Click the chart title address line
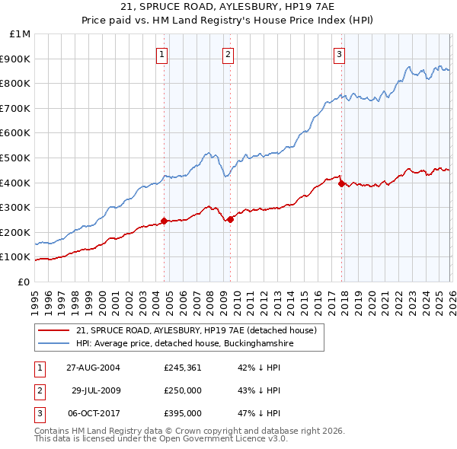tap(228, 8)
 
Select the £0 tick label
tap(24, 282)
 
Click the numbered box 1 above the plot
tap(163, 54)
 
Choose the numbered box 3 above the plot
tap(339, 54)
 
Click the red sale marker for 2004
tap(164, 221)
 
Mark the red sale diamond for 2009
tap(230, 219)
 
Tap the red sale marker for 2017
tap(340, 183)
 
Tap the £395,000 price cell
tap(183, 413)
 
